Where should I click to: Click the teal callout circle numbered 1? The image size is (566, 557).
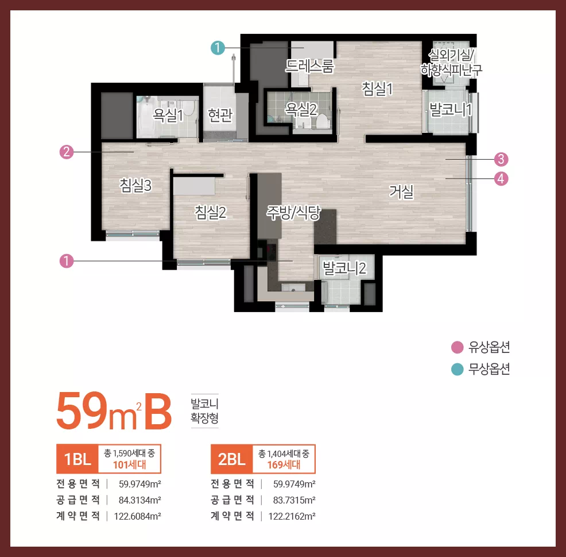pyautogui.click(x=218, y=48)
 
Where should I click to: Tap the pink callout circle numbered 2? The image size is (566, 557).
pyautogui.click(x=67, y=152)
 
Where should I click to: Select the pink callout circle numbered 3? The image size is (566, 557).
pyautogui.click(x=501, y=159)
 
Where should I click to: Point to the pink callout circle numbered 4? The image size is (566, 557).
pyautogui.click(x=501, y=179)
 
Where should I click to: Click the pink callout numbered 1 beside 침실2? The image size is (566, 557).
pyautogui.click(x=67, y=261)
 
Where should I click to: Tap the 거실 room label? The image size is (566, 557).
pyautogui.click(x=401, y=191)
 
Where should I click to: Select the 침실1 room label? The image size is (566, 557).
pyautogui.click(x=377, y=89)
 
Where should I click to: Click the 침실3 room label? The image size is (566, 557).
pyautogui.click(x=135, y=186)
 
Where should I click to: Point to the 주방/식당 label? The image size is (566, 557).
pyautogui.click(x=293, y=213)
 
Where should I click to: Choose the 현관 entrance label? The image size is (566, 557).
pyautogui.click(x=220, y=115)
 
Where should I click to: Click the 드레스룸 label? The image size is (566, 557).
pyautogui.click(x=310, y=66)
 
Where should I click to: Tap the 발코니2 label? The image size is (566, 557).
pyautogui.click(x=344, y=268)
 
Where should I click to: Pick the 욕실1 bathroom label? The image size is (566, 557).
pyautogui.click(x=168, y=115)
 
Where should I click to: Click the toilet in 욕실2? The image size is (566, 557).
pyautogui.click(x=323, y=121)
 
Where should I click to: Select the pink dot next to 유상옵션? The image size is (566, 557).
pyautogui.click(x=458, y=347)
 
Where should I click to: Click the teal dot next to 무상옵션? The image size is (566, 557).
pyautogui.click(x=458, y=370)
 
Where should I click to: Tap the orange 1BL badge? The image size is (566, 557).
pyautogui.click(x=77, y=459)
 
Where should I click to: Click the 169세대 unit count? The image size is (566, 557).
pyautogui.click(x=284, y=464)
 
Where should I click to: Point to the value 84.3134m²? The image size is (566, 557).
pyautogui.click(x=140, y=500)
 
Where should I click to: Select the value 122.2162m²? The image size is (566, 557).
pyautogui.click(x=292, y=516)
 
